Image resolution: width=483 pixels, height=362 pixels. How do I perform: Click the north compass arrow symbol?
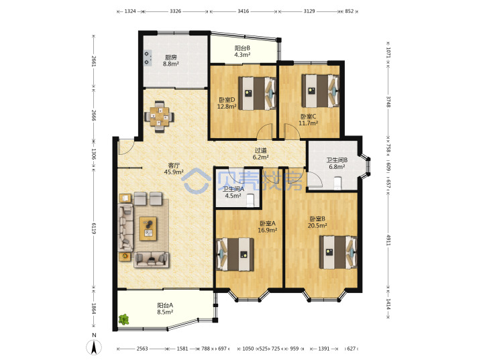coord(94,347)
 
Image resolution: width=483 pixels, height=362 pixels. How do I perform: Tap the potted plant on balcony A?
coord(124,319)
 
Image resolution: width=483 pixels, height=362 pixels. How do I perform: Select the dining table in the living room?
coord(159,117)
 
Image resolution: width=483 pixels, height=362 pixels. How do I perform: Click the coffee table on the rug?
coord(148,229)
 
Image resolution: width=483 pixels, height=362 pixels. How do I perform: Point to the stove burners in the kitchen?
coord(148,58)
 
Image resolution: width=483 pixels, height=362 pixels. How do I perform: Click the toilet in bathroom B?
coord(338,183)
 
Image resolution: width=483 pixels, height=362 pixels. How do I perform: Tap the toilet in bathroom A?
coord(250,200)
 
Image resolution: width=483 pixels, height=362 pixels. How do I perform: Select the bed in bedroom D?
coord(257,93)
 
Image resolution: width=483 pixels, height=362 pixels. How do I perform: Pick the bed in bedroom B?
coord(338,252)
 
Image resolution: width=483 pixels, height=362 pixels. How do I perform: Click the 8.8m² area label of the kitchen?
coord(171,64)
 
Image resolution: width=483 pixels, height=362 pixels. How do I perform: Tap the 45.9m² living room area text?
coord(174,172)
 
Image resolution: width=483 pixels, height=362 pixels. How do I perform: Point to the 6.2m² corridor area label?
coord(260,157)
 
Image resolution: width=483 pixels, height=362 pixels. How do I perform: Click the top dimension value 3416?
coord(243,11)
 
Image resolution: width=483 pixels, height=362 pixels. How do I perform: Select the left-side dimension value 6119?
coord(94,228)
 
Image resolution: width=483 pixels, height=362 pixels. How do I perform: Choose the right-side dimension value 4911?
coord(388,240)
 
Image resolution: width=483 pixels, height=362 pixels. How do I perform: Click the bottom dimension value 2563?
coord(142,349)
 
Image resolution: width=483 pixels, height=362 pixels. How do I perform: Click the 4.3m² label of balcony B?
coord(242,55)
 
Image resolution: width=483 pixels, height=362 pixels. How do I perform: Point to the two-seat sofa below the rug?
coord(151,259)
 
